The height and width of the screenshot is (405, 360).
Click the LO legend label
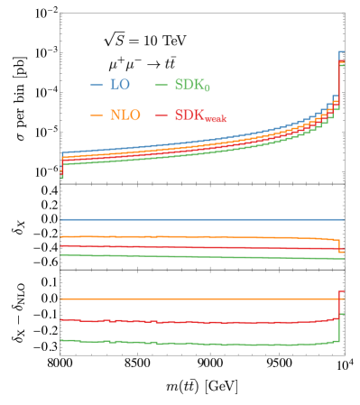[x=119, y=85]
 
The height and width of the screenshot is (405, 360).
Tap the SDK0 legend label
[x=192, y=86]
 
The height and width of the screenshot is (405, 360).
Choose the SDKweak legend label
[x=199, y=116]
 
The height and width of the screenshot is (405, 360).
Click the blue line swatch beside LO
[x=97, y=85]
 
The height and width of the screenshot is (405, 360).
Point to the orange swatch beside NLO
[x=97, y=115]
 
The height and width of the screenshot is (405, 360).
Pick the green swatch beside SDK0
[x=162, y=85]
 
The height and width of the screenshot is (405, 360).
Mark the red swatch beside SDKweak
[x=162, y=115]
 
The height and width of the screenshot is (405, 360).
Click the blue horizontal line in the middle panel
[x=198, y=219]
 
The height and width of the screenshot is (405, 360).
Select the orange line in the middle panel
[x=198, y=237]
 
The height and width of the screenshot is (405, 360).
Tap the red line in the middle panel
[x=198, y=247]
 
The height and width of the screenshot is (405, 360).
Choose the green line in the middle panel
[x=198, y=257]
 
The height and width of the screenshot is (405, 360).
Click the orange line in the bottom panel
[x=198, y=299]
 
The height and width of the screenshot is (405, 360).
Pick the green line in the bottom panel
[x=198, y=344]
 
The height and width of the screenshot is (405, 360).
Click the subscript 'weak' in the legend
[x=214, y=119]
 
